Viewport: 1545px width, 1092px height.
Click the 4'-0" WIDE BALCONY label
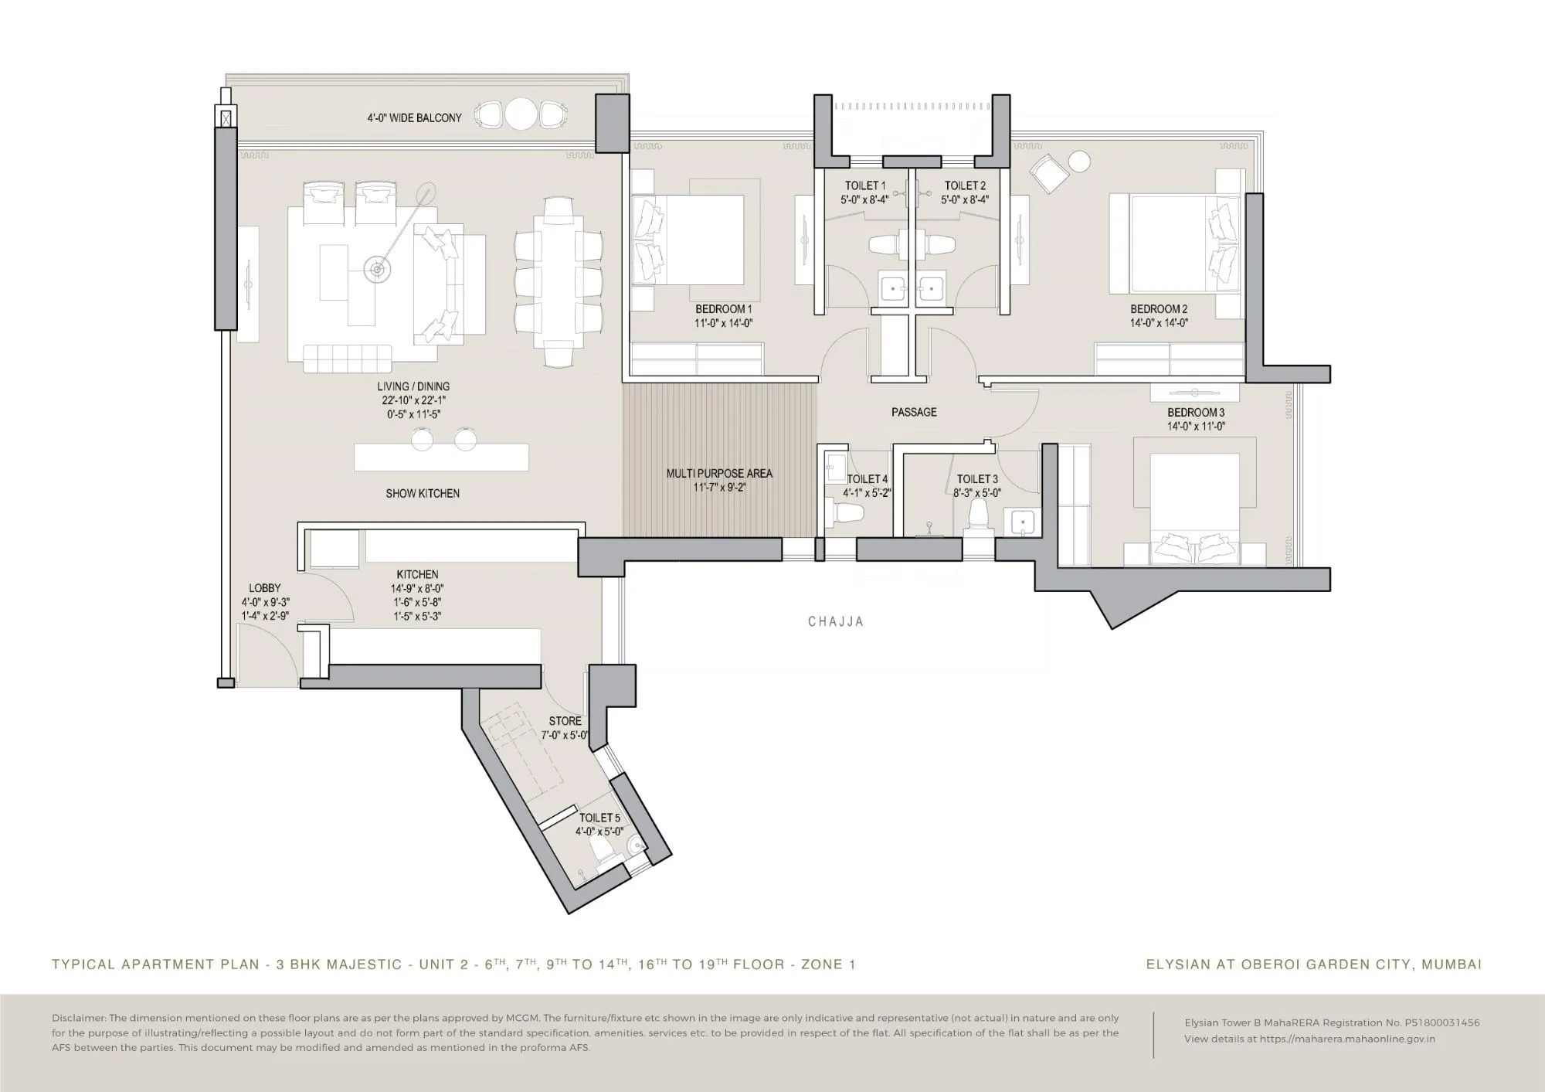point(414,118)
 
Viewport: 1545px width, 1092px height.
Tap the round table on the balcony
point(521,115)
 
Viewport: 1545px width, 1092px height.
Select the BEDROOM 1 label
point(723,309)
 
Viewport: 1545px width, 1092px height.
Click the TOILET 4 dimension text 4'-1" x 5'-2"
point(867,493)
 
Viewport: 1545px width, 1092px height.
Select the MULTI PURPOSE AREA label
point(719,474)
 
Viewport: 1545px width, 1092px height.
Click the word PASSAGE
point(914,413)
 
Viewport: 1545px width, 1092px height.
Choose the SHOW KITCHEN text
point(423,494)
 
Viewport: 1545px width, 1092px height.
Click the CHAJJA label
point(836,621)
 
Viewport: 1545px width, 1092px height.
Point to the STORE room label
point(565,721)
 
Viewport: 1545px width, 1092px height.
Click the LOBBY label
point(265,588)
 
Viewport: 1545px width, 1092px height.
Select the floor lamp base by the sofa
point(376,270)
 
